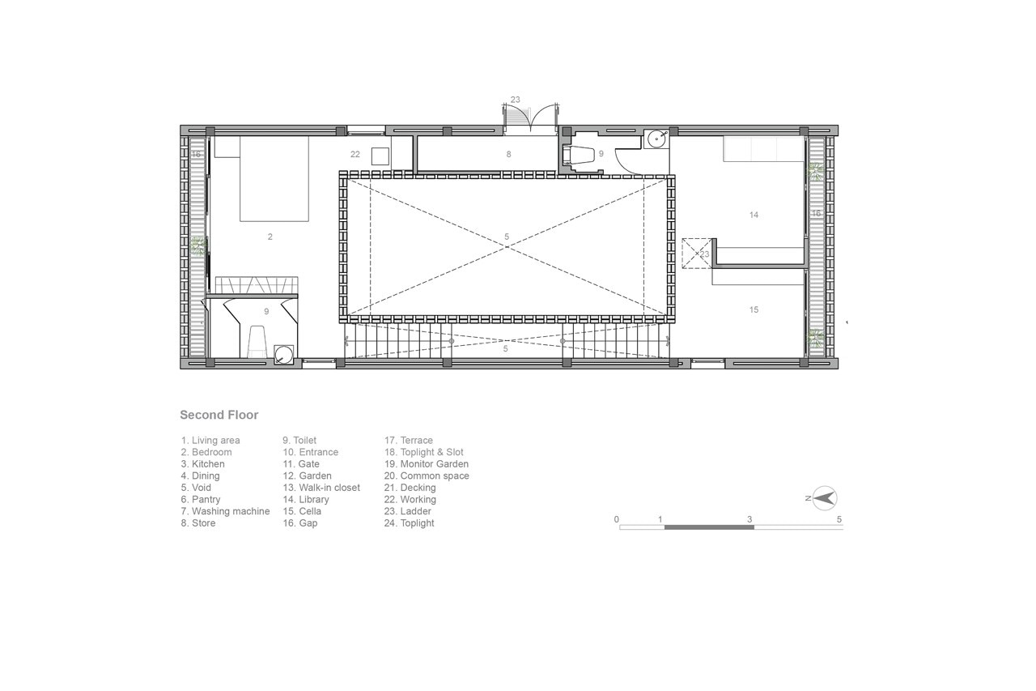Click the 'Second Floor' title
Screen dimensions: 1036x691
click(219, 415)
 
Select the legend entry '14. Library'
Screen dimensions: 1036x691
click(306, 499)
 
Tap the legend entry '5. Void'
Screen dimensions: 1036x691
click(196, 488)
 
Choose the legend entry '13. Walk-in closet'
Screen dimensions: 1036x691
click(321, 488)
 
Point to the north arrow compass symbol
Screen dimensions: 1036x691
click(823, 498)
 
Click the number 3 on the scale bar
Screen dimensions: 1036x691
click(749, 519)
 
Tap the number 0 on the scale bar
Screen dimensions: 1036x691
click(617, 519)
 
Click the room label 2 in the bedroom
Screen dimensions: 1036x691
click(270, 237)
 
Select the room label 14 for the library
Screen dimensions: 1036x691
click(754, 215)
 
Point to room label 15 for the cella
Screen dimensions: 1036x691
click(754, 309)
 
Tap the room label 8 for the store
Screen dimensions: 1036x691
click(509, 154)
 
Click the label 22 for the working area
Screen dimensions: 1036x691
click(355, 154)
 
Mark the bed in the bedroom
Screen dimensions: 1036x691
click(274, 179)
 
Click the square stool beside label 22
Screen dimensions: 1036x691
click(381, 156)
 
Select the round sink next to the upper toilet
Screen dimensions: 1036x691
click(656, 138)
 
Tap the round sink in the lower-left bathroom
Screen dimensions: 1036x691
click(283, 355)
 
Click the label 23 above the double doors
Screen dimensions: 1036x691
click(516, 100)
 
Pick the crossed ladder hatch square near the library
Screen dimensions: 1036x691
click(697, 254)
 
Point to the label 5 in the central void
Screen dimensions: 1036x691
click(507, 237)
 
